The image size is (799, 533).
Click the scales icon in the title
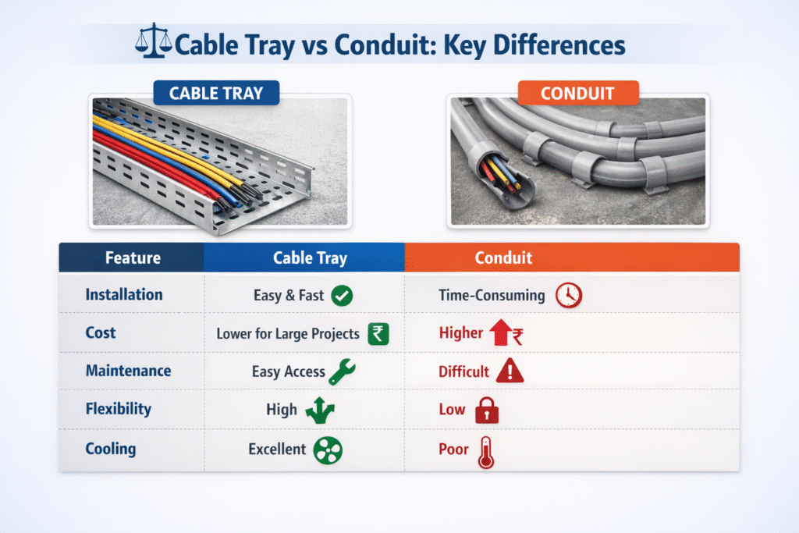154,44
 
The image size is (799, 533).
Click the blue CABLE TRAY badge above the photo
216,94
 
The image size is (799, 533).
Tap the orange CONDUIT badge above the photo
578,94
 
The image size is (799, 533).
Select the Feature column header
133,258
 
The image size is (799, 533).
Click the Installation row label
124,295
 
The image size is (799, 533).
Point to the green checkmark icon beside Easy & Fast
342,296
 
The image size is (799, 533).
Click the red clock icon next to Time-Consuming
569,296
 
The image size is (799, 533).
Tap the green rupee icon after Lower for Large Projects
378,334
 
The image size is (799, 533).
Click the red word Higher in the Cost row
461,333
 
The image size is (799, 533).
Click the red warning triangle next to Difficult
510,371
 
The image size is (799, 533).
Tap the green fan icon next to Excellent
327,450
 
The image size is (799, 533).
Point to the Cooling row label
111,449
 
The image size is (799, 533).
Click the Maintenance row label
128,371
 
